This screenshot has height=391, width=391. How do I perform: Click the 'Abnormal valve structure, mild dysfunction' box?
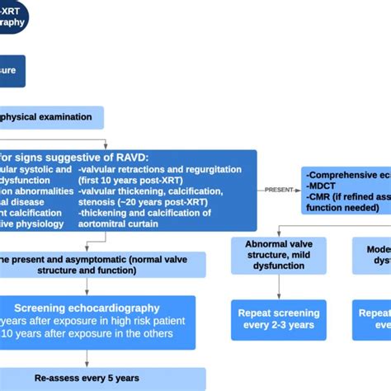[x=278, y=256]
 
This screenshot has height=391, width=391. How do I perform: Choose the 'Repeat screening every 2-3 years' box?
[x=278, y=319]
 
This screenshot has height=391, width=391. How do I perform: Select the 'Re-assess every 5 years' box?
[x=87, y=378]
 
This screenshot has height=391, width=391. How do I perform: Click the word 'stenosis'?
[x=97, y=200]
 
